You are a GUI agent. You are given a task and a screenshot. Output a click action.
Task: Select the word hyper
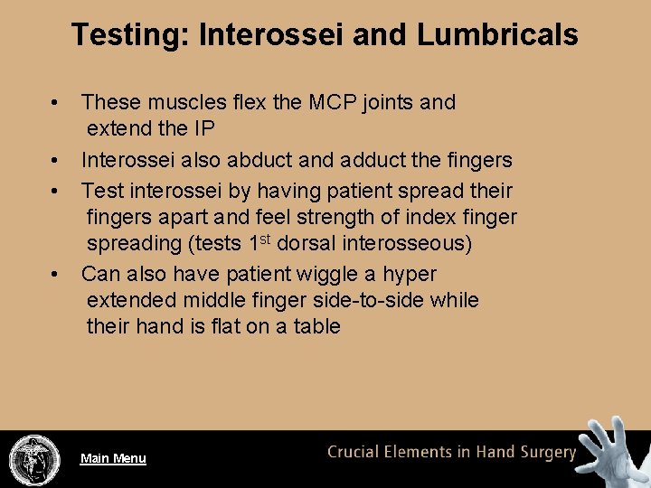411,275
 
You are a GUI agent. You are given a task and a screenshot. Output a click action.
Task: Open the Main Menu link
113,458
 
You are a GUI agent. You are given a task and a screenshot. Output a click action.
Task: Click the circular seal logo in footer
34,460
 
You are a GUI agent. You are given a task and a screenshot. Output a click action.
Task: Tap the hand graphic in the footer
614,452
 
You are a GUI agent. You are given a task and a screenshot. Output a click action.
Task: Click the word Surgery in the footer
545,453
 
